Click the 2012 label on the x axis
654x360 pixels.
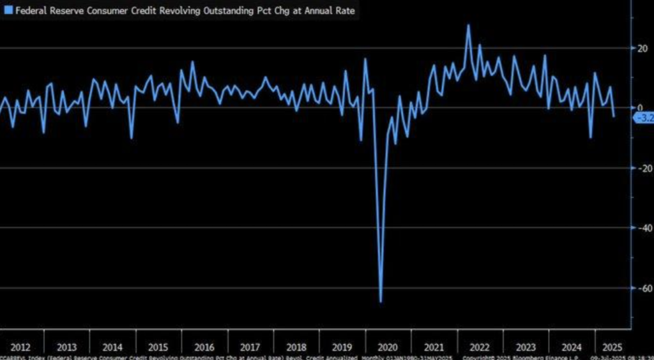(20, 347)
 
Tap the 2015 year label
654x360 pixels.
(158, 347)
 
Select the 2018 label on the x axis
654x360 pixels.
(296, 347)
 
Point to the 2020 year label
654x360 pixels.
(388, 347)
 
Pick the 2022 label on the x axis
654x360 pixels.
(480, 347)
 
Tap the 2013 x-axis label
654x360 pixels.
(66, 347)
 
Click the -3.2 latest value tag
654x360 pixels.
(644, 117)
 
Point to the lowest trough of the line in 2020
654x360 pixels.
(381, 302)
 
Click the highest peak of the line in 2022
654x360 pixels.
(468, 26)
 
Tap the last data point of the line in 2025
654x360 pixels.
(614, 117)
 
